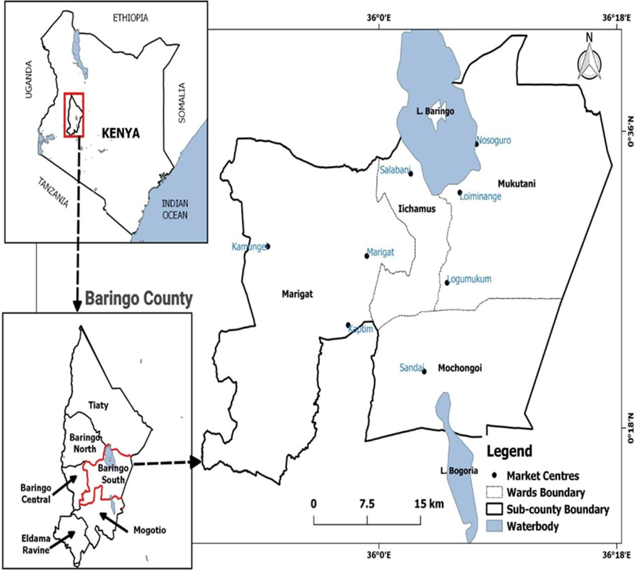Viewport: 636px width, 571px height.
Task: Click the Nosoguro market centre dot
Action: pyautogui.click(x=477, y=144)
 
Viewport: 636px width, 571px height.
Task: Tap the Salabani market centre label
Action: pyautogui.click(x=394, y=170)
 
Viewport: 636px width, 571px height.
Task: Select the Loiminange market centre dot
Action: pyautogui.click(x=460, y=192)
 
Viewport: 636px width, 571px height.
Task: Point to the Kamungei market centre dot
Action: pyautogui.click(x=268, y=246)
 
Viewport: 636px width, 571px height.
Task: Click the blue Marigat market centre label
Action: pyautogui.click(x=380, y=252)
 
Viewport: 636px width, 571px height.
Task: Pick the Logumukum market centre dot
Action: pyautogui.click(x=447, y=283)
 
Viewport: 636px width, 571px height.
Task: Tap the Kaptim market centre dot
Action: pyautogui.click(x=348, y=325)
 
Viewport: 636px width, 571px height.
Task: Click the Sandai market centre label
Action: pyautogui.click(x=412, y=368)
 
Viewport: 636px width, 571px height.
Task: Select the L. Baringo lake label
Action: pyautogui.click(x=435, y=111)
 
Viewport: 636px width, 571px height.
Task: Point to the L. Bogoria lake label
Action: pyautogui.click(x=460, y=471)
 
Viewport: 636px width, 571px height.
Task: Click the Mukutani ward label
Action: pyautogui.click(x=517, y=184)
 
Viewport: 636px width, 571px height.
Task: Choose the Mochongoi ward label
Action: pyautogui.click(x=460, y=368)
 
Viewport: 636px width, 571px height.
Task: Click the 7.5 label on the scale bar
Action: pyautogui.click(x=367, y=504)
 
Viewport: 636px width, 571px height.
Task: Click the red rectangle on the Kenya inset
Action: pyautogui.click(x=74, y=114)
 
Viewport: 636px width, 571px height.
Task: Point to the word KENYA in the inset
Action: pyautogui.click(x=121, y=133)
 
